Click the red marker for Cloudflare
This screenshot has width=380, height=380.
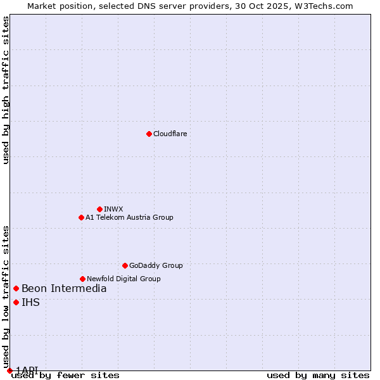pos(149,134)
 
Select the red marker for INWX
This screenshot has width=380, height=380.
pos(99,209)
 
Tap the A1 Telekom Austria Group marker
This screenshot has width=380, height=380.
pos(81,217)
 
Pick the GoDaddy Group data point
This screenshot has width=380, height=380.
pos(125,265)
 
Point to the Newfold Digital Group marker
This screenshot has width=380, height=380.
pos(82,279)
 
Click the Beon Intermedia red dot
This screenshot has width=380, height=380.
pos(16,288)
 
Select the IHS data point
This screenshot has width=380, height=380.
pos(16,302)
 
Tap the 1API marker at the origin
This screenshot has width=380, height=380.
pos(9,370)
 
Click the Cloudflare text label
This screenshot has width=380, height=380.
pos(170,134)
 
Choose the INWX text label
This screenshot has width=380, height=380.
pos(113,209)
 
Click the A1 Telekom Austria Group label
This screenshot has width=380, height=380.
pos(129,217)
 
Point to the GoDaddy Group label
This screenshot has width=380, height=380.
pos(156,265)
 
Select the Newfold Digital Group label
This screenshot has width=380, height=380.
pos(123,279)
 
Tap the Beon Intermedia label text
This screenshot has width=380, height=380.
pos(64,289)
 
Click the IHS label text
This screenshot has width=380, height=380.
pos(30,303)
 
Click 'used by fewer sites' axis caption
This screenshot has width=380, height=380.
pos(65,375)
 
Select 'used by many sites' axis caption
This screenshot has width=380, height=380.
pos(318,375)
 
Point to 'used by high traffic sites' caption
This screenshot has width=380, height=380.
pos(6,90)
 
